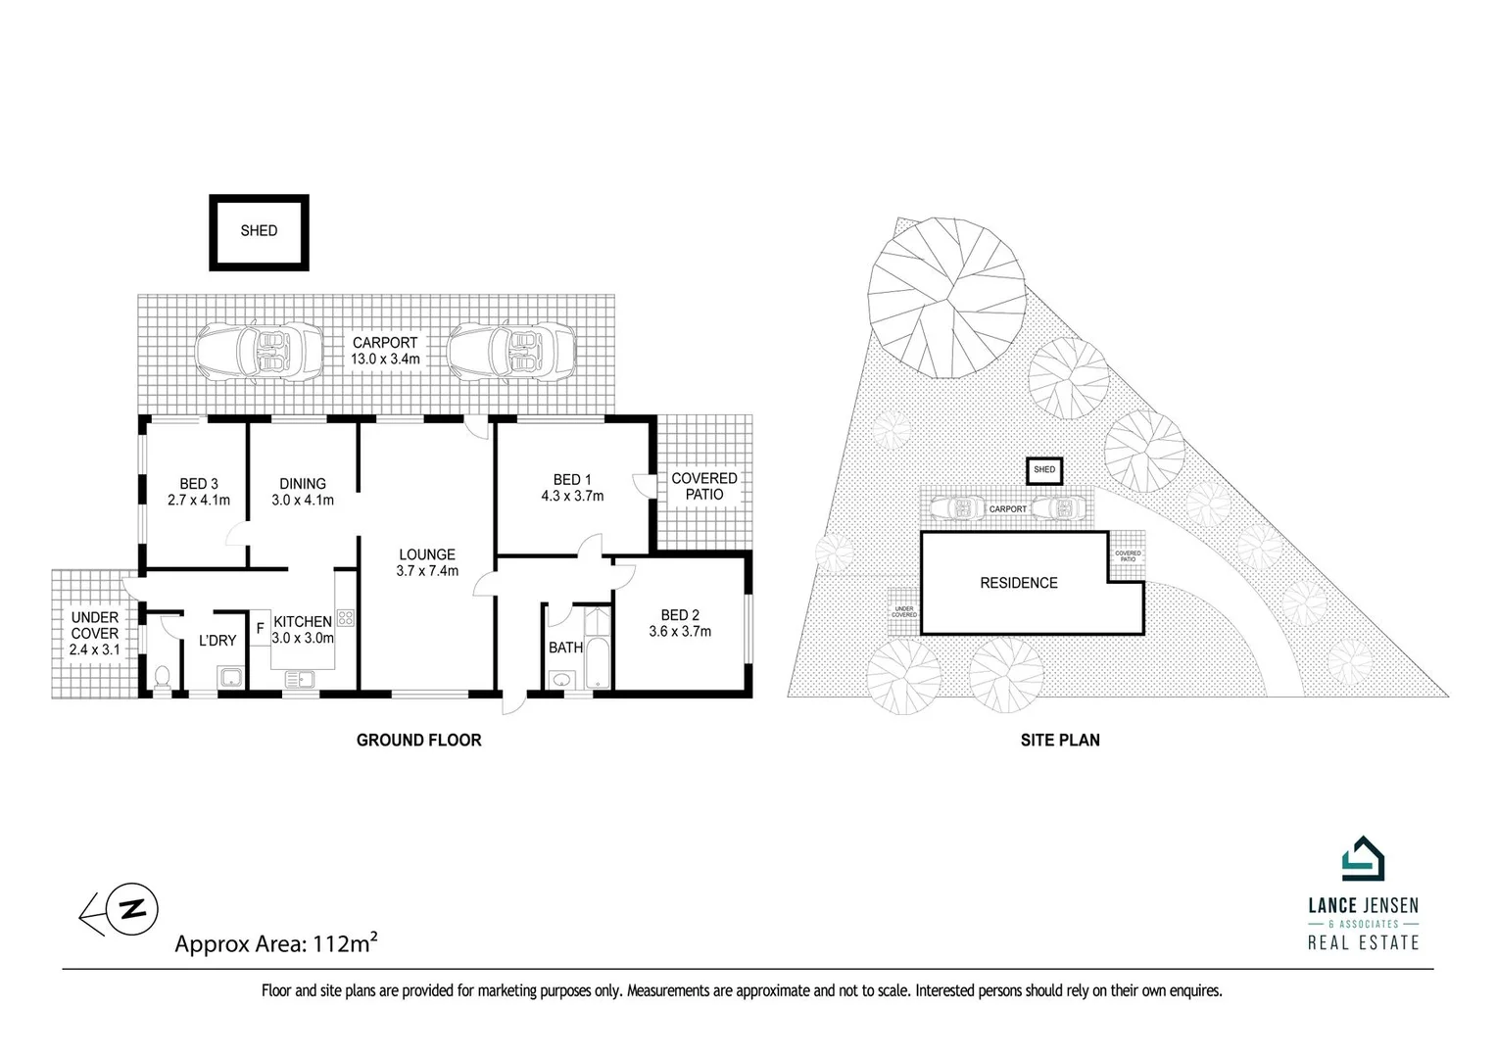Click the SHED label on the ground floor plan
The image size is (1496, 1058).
259,231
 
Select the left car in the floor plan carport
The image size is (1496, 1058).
259,350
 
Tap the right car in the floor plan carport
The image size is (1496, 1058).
511,350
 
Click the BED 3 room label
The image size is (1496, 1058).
199,483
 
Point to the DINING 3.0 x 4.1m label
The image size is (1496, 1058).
303,492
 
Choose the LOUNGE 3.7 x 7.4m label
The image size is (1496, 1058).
426,562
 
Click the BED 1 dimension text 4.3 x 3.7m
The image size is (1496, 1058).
572,496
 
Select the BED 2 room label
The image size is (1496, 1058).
680,614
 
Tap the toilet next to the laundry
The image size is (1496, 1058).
163,676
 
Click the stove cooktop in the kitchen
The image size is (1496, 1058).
345,617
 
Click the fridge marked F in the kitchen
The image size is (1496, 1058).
260,628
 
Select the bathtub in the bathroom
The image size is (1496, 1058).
596,649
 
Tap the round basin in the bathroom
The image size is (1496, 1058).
563,679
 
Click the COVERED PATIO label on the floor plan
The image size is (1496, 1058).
703,486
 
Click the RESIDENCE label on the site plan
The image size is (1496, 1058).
1019,583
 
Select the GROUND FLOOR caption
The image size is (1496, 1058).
418,741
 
